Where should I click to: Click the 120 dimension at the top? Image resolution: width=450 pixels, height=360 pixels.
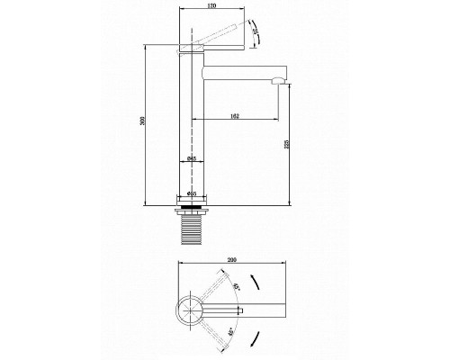[x=211, y=6]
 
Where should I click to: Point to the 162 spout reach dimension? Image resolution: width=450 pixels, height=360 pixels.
[x=234, y=115]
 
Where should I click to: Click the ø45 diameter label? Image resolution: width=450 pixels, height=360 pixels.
[x=192, y=158]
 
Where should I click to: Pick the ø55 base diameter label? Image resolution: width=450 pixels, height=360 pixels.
[x=192, y=193]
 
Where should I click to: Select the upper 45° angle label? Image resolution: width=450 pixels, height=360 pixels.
[x=236, y=288]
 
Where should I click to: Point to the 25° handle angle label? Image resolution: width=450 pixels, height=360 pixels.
[x=255, y=35]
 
